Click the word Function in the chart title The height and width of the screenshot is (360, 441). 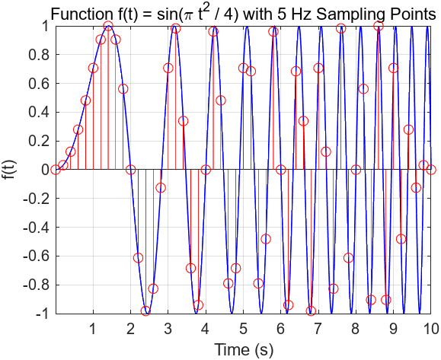(78, 13)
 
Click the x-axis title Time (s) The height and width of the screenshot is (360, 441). (243, 350)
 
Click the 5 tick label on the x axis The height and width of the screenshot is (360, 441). (243, 329)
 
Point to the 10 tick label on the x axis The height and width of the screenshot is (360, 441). (430, 329)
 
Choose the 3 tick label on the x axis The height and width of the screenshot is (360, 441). (168, 329)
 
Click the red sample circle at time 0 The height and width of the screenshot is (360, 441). (56, 170)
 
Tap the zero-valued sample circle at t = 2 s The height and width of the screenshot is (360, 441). (130, 170)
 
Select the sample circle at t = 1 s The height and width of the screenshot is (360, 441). (93, 68)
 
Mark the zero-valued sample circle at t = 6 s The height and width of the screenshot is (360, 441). (281, 170)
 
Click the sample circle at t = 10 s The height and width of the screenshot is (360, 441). (431, 170)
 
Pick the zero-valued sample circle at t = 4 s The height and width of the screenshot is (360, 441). (206, 170)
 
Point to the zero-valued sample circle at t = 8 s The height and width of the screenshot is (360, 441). (356, 170)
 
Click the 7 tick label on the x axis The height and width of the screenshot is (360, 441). (318, 329)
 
